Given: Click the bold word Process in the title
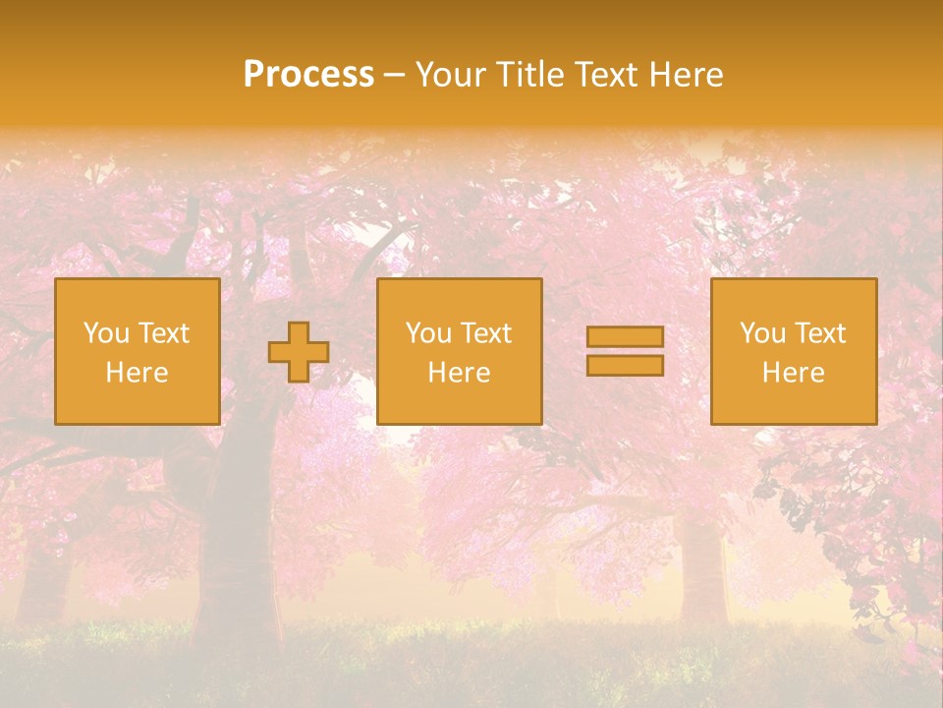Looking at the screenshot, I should pyautogui.click(x=308, y=75).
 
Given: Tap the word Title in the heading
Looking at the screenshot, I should pyautogui.click(x=528, y=75).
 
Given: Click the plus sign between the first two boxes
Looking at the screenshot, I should pyautogui.click(x=299, y=352).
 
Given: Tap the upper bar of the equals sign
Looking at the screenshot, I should pyautogui.click(x=625, y=337).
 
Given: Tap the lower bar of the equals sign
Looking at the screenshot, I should pyautogui.click(x=625, y=365).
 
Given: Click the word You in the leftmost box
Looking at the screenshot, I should pyautogui.click(x=105, y=333).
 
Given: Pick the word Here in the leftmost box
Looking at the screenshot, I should pyautogui.click(x=137, y=373).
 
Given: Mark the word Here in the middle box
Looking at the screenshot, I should pyautogui.click(x=459, y=373).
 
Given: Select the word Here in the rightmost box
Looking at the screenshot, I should pyautogui.click(x=793, y=373).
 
